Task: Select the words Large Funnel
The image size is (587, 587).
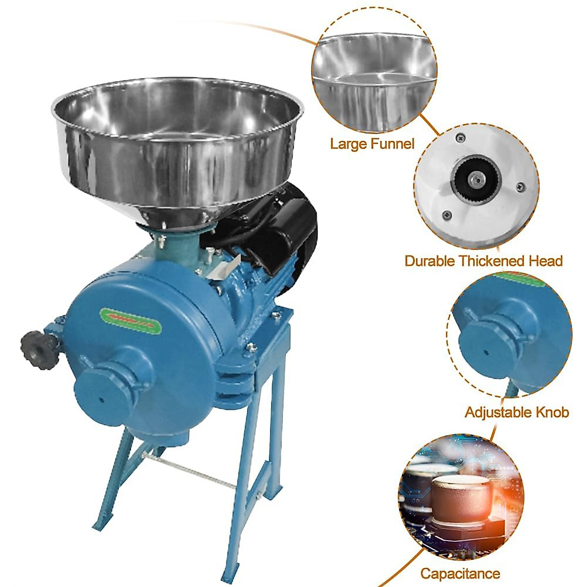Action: pos(372,143)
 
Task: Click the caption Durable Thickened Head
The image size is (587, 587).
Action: pos(483,261)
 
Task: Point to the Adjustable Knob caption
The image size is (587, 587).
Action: pos(517,412)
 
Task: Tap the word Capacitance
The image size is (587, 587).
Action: pos(460,573)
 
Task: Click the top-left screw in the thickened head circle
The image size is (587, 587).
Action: pos(460,139)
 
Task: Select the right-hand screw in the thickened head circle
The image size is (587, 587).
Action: pos(520,186)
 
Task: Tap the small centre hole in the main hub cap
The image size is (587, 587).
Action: pos(103,399)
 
